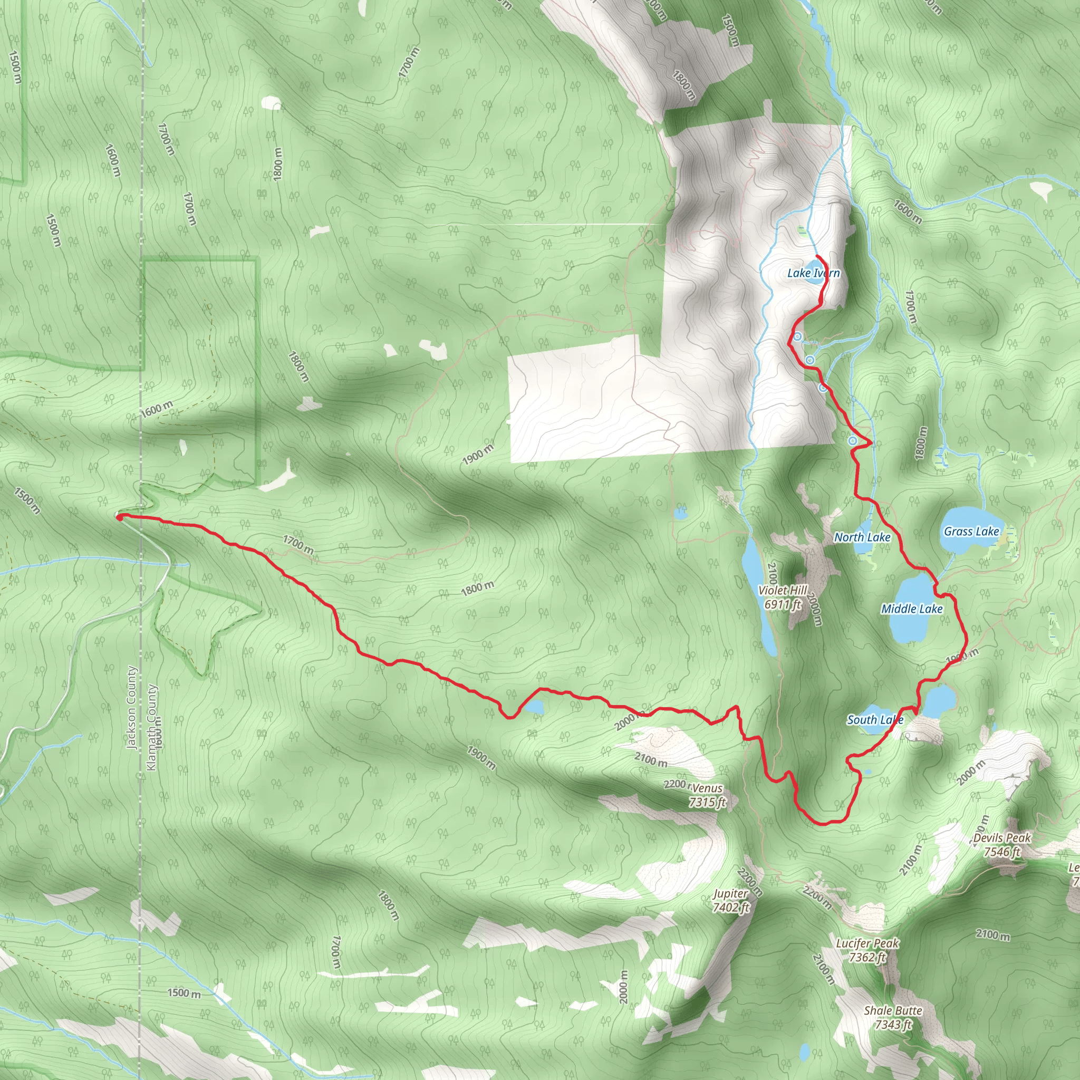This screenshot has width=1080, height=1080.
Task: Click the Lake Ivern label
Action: tap(813, 273)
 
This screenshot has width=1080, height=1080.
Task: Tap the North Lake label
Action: tap(862, 537)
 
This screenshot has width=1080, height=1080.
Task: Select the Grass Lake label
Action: tap(971, 532)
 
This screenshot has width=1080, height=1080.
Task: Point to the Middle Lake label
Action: tap(912, 609)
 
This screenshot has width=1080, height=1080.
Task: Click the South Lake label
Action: tap(875, 720)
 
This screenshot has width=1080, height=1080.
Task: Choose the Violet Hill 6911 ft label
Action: tap(783, 597)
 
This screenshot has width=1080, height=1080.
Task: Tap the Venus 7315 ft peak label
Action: tap(707, 795)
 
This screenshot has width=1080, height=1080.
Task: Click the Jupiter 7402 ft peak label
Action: tap(730, 901)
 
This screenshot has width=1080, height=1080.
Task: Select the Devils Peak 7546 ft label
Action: tap(1002, 845)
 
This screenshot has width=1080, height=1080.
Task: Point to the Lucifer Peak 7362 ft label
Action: tap(867, 950)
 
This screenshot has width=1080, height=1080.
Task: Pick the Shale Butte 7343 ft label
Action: tap(893, 1017)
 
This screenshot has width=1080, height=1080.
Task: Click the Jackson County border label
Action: tap(132, 707)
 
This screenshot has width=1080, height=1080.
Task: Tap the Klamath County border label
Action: tap(151, 727)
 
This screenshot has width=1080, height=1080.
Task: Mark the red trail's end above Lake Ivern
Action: tap(818, 256)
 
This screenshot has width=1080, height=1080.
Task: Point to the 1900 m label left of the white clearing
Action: tap(478, 454)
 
